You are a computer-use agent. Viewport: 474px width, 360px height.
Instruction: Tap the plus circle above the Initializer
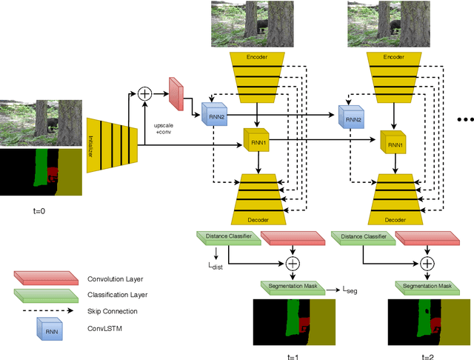145,94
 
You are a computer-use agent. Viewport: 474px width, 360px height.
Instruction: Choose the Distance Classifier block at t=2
361,236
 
